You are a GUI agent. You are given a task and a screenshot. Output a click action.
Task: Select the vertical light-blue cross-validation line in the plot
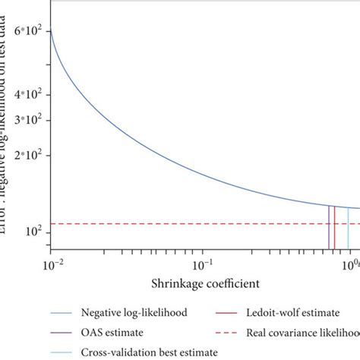coord(348,228)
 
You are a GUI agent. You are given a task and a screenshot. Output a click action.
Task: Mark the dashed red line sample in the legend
coord(230,332)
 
